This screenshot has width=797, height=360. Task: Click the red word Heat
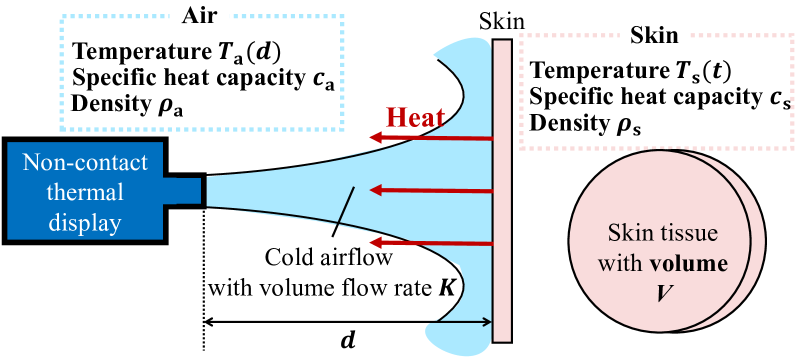[x=410, y=116]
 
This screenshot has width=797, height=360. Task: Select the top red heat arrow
[x=430, y=136]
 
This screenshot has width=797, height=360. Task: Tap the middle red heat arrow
[x=430, y=189]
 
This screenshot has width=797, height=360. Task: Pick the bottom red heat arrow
[x=430, y=243]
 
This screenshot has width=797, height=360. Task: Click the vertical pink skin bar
[x=502, y=189]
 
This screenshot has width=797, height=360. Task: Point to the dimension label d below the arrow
[x=346, y=340]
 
